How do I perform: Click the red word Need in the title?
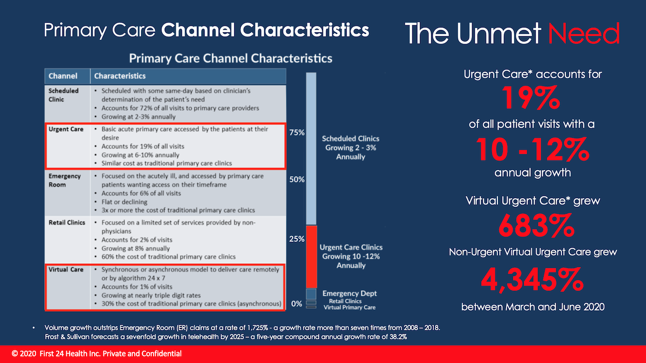[584, 33]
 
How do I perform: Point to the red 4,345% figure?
[532, 280]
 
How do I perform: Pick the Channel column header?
[63, 76]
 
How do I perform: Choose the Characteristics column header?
[120, 76]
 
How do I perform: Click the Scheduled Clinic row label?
[64, 95]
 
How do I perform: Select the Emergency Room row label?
[65, 180]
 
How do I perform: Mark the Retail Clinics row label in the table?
[67, 222]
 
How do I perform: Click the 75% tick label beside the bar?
[297, 132]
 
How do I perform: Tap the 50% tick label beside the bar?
[297, 179]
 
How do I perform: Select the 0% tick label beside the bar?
[297, 304]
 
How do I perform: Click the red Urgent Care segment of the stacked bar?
[311, 256]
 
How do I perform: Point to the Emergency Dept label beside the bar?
[349, 294]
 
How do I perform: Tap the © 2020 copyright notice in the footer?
[97, 354]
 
